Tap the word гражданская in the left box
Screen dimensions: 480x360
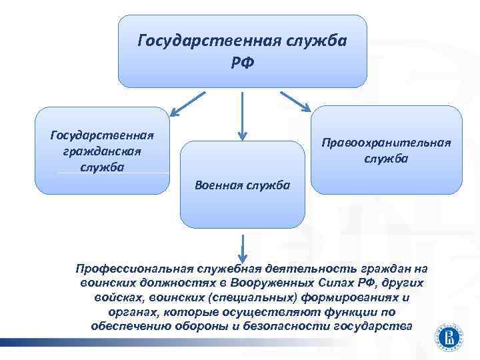103,151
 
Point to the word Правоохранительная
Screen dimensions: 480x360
386,143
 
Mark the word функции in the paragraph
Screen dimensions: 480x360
350,311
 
